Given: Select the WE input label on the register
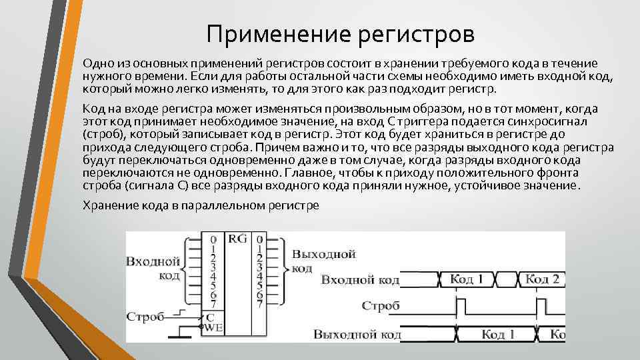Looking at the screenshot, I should pos(213,327).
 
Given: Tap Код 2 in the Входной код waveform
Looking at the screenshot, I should pos(543,279).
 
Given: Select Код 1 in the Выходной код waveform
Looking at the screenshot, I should pos(497,334).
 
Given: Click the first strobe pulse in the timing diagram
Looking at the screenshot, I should pos(460,306).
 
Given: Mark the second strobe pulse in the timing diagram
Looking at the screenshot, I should pos(540,306).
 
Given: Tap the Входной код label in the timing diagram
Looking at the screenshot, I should pos(360,279).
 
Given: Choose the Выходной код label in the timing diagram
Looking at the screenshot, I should pos(356,334).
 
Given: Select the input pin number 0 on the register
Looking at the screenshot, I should pos(212,239).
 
